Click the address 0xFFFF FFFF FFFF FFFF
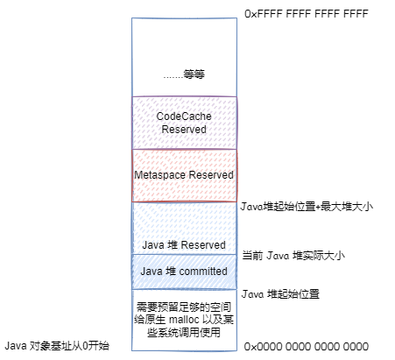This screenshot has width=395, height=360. pos(307,14)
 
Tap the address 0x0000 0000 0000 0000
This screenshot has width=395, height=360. pos(307,347)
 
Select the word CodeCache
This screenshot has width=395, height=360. pos(184,116)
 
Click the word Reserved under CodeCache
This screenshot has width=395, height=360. pos(184,130)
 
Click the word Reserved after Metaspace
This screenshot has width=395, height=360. pos(211,175)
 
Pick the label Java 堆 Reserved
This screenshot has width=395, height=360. pos(184,244)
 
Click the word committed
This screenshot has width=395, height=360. pos(203,272)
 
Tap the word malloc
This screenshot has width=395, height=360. pos(184,320)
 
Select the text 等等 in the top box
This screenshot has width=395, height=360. pos(194,74)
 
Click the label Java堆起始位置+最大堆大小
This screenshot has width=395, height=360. pos(307,207)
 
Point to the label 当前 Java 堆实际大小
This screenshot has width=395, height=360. pos(293,256)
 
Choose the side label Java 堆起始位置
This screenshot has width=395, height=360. pos(280,293)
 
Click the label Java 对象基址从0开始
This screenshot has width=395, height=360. pos(57,346)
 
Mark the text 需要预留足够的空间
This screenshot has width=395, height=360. pos(184,307)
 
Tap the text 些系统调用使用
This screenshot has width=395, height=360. pos(184,332)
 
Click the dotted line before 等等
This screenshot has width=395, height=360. pos(173,78)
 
